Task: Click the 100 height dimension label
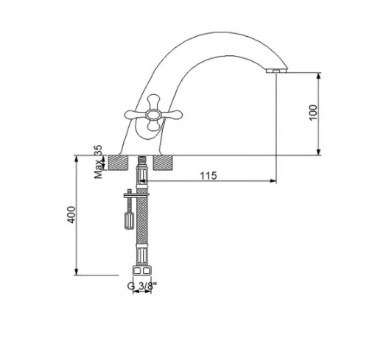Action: pyautogui.click(x=313, y=113)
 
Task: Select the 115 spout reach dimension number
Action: pyautogui.click(x=208, y=175)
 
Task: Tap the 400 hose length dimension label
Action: pyautogui.click(x=71, y=214)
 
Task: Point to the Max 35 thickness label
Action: pyautogui.click(x=98, y=162)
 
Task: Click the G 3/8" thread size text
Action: pyautogui.click(x=142, y=286)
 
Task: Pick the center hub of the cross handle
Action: pyautogui.click(x=153, y=115)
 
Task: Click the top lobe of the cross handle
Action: pyautogui.click(x=154, y=101)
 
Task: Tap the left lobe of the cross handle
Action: pyautogui.click(x=136, y=114)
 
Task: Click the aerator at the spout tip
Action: pyautogui.click(x=276, y=71)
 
